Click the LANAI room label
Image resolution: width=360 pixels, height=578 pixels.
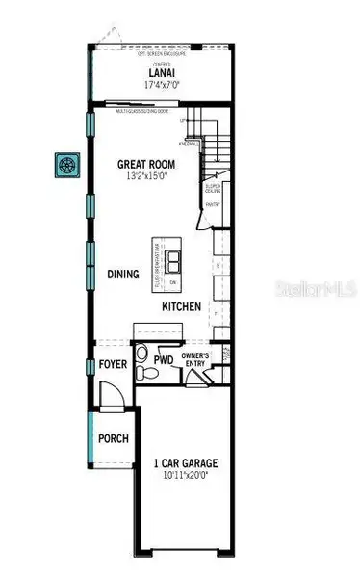(160, 72)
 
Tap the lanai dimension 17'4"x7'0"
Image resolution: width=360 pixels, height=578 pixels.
(160, 85)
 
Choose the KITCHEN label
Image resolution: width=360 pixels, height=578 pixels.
(181, 306)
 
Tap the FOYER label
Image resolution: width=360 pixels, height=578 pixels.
(113, 363)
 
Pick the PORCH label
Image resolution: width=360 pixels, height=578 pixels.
(113, 439)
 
